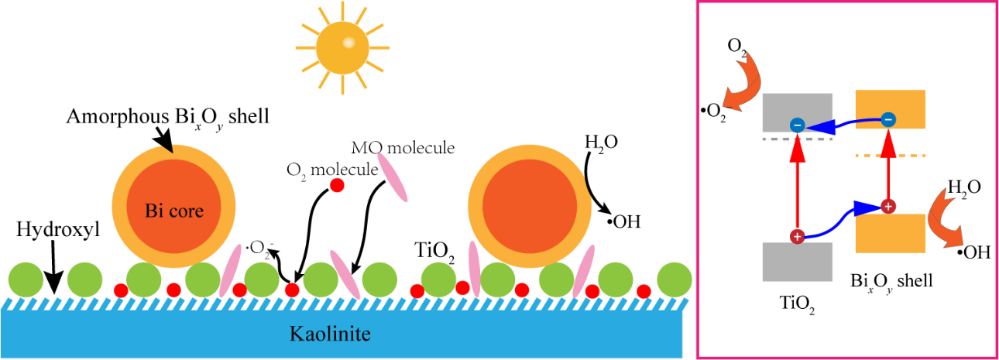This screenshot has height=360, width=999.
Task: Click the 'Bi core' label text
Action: click(174, 211)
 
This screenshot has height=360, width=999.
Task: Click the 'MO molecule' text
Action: click(403, 147)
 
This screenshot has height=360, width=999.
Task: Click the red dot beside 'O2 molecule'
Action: click(337, 186)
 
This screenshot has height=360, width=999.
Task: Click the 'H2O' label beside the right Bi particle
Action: click(596, 143)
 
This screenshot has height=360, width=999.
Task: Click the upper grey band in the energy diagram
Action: click(797, 112)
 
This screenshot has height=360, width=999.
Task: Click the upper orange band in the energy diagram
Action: click(890, 108)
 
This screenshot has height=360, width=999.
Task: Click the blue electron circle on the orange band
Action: click(888, 120)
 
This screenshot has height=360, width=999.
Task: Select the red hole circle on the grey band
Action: click(795, 237)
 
